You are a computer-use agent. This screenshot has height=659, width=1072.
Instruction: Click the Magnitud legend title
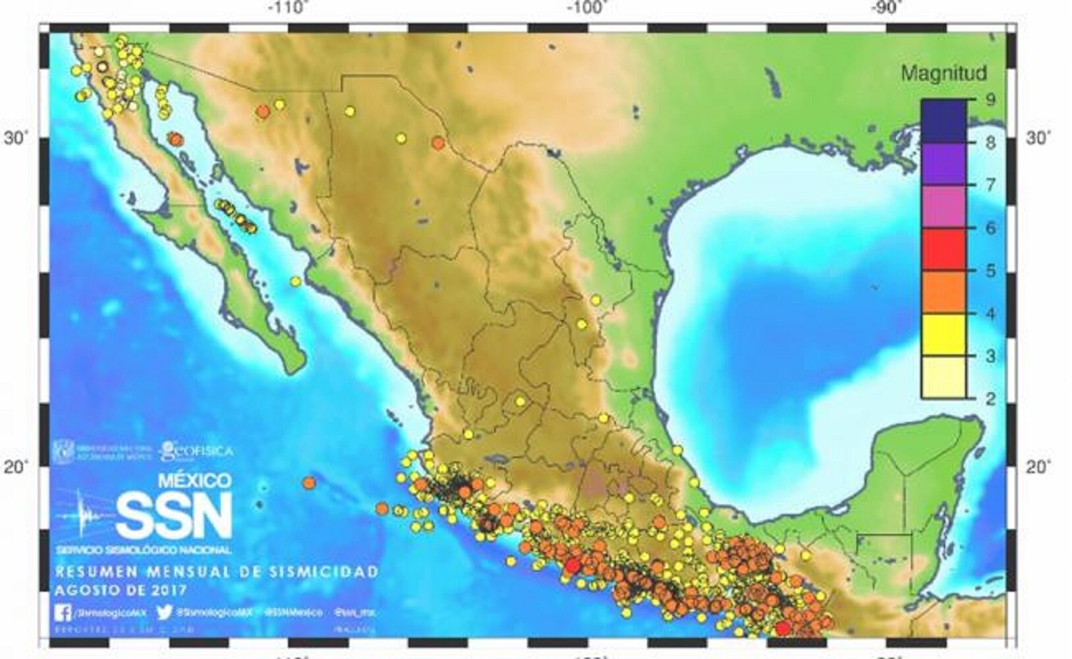(943, 73)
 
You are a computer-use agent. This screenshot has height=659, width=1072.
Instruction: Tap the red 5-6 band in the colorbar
(944, 249)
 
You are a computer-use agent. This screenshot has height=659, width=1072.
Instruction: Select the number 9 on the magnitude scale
(990, 100)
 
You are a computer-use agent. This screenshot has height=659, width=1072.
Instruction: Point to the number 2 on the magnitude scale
(990, 399)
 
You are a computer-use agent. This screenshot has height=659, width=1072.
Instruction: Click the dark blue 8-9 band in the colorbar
(944, 121)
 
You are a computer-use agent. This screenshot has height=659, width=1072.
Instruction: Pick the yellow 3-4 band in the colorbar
(944, 335)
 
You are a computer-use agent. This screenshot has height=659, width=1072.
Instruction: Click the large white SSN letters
(174, 515)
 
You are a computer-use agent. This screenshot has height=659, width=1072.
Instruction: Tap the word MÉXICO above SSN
(194, 480)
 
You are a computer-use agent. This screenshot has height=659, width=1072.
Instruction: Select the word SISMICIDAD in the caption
(323, 571)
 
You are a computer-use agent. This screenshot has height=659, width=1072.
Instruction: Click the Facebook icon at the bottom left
(63, 612)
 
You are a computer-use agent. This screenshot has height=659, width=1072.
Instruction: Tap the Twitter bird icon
(165, 612)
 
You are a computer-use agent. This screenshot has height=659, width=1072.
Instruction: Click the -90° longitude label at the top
(884, 9)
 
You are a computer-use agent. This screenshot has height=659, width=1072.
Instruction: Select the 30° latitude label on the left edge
(16, 138)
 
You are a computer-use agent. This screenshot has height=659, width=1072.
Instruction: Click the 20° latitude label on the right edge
(1038, 467)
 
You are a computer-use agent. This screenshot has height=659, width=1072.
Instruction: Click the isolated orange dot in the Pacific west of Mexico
(309, 482)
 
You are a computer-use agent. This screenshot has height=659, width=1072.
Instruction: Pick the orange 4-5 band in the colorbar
(944, 292)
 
